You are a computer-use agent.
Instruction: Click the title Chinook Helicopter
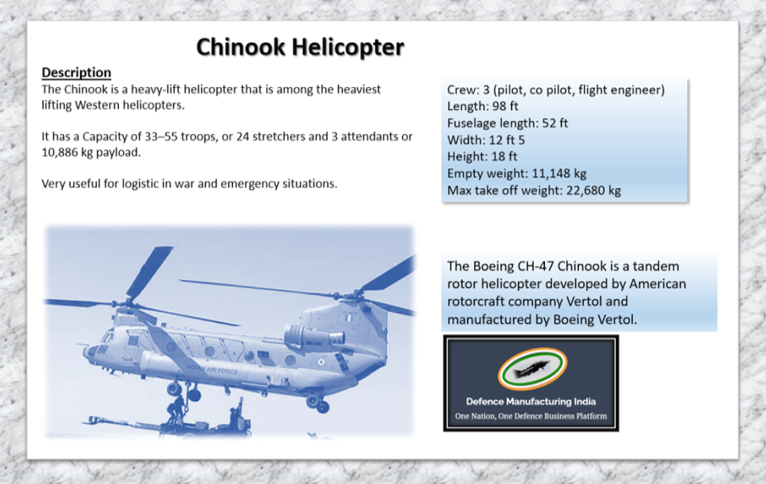coord(300,47)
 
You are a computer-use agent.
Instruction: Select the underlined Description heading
coord(76,73)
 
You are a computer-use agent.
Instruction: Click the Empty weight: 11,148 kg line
coord(516,174)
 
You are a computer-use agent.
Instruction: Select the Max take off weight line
coord(533,191)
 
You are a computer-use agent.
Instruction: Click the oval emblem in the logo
coord(531,370)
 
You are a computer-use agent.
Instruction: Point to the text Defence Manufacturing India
coord(531,401)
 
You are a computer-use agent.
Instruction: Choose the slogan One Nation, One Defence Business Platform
coord(531,416)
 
